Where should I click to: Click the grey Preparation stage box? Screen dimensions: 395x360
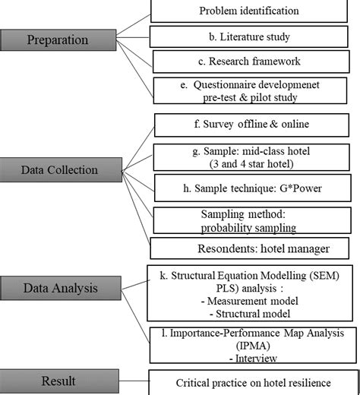pyautogui.click(x=58, y=39)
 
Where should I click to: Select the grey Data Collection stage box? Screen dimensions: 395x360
pyautogui.click(x=59, y=170)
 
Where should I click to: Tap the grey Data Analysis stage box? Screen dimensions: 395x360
pyautogui.click(x=59, y=288)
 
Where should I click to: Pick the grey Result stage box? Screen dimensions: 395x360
pyautogui.click(x=59, y=380)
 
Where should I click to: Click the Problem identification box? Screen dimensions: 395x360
pyautogui.click(x=248, y=11)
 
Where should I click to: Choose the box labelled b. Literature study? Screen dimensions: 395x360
pyautogui.click(x=249, y=36)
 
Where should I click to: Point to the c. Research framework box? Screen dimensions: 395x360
pyautogui.click(x=252, y=62)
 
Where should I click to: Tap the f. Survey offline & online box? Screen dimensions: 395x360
pyautogui.click(x=252, y=125)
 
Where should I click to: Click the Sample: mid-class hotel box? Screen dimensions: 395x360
pyautogui.click(x=252, y=156)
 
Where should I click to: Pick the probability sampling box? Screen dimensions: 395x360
pyautogui.click(x=252, y=221)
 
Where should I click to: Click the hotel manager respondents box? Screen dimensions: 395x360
pyautogui.click(x=252, y=248)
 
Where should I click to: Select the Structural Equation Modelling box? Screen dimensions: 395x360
pyautogui.click(x=252, y=292)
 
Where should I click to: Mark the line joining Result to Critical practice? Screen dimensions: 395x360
pyautogui.click(x=134, y=380)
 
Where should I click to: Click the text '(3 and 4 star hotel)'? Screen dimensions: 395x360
pyautogui.click(x=252, y=163)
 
